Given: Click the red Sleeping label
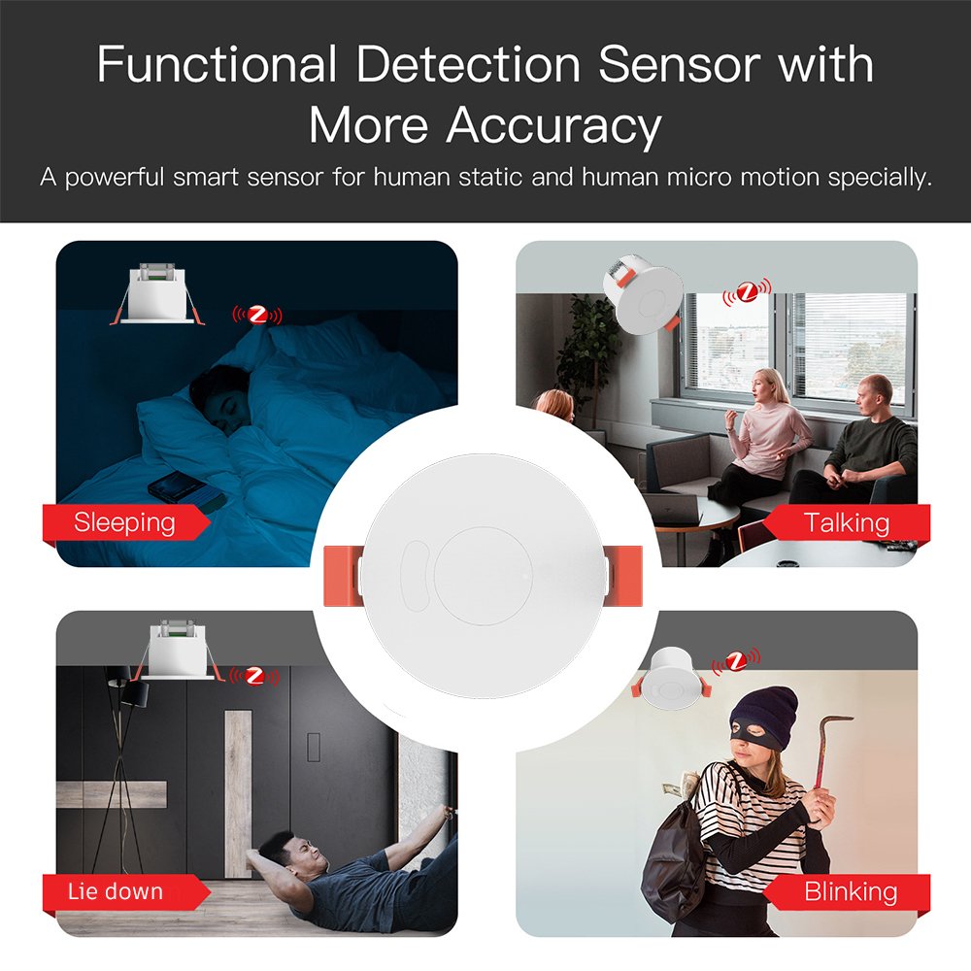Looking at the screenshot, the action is (x=125, y=522).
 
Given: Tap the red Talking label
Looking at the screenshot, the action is (x=846, y=522).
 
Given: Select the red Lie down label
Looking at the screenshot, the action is (x=125, y=891).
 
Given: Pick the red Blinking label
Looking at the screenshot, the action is (x=846, y=891).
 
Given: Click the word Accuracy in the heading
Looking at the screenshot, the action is (x=554, y=126).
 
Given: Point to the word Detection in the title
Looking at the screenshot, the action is (x=468, y=64).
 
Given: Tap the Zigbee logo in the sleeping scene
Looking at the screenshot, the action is (x=257, y=316).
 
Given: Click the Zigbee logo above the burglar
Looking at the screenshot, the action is (x=736, y=662).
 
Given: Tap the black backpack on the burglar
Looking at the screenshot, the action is (x=675, y=860).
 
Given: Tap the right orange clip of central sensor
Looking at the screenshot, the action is (x=623, y=576).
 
